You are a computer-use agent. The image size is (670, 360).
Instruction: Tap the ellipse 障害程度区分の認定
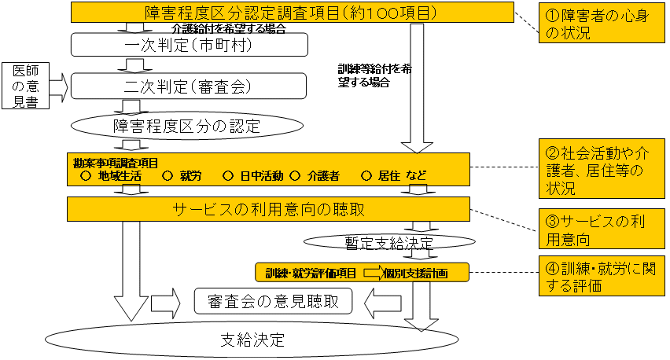(x=187, y=125)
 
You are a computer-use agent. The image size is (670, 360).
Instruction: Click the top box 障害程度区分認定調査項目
(x=291, y=13)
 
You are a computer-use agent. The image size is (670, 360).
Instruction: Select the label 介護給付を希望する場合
(x=228, y=28)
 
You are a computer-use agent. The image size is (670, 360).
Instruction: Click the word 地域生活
(x=120, y=176)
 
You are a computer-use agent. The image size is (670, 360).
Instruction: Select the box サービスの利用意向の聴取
(x=267, y=209)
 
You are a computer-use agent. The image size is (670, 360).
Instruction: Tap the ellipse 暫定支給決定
(x=370, y=239)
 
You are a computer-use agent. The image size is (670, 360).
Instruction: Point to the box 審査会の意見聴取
(x=273, y=299)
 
